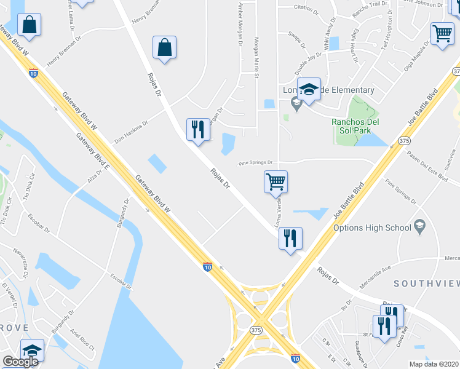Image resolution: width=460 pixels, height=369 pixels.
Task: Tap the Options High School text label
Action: coord(371,228)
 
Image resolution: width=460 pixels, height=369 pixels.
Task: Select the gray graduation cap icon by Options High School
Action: coord(420,227)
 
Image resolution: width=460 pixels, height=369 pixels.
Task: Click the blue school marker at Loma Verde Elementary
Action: coord(309,89)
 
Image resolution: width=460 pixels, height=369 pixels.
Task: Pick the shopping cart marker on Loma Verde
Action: coord(276,181)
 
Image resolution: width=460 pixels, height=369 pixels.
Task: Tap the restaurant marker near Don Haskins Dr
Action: coord(197,130)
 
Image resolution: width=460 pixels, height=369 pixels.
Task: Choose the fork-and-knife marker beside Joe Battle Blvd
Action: coord(291,238)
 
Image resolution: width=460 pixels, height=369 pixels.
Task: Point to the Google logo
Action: coord(20,361)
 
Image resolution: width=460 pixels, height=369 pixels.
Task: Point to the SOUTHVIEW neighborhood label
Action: coord(426,284)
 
